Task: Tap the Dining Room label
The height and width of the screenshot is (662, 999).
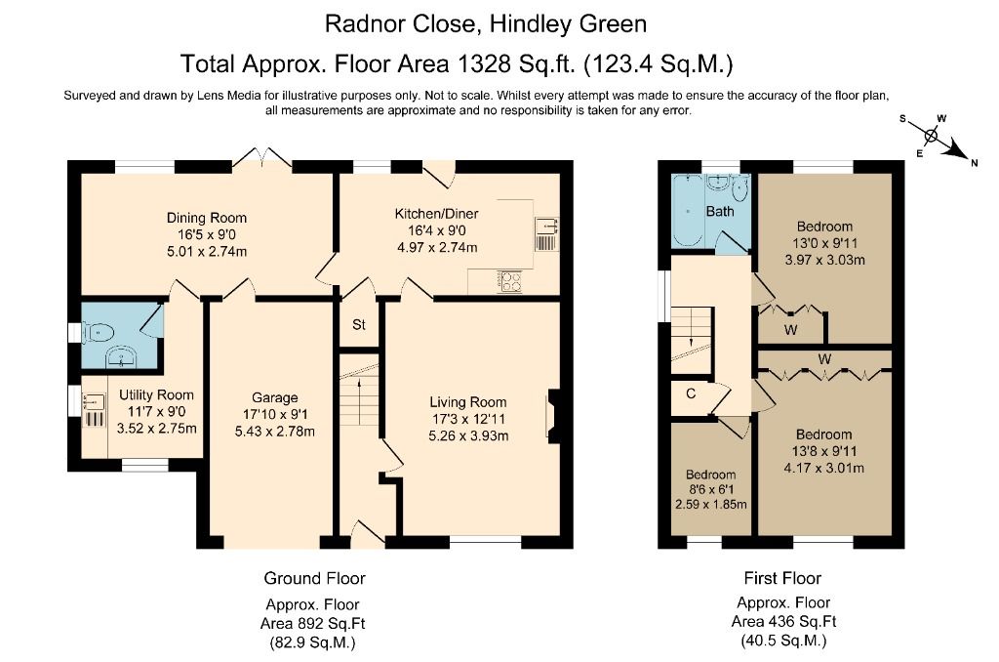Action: coord(206,218)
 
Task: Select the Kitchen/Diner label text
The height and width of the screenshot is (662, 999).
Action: coord(436,214)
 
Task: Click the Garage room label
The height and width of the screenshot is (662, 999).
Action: coord(276,397)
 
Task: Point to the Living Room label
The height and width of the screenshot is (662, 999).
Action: coord(469,401)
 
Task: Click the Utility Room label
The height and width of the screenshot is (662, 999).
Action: coord(156,395)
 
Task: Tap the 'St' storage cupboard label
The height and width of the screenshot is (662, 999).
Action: coord(358,325)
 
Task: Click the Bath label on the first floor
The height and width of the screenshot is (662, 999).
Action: coord(720,211)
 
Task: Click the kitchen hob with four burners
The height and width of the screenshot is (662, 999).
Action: coord(510,281)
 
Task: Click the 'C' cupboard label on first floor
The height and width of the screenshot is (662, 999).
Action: coord(689,394)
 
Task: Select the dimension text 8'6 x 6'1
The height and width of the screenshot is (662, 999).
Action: coord(710,489)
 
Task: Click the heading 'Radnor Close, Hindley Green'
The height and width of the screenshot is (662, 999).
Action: coord(485,22)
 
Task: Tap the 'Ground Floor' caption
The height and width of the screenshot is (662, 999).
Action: coord(314,578)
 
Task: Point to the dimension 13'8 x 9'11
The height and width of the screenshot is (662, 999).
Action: coord(823,451)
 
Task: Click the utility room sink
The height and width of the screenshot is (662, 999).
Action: coord(95,400)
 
